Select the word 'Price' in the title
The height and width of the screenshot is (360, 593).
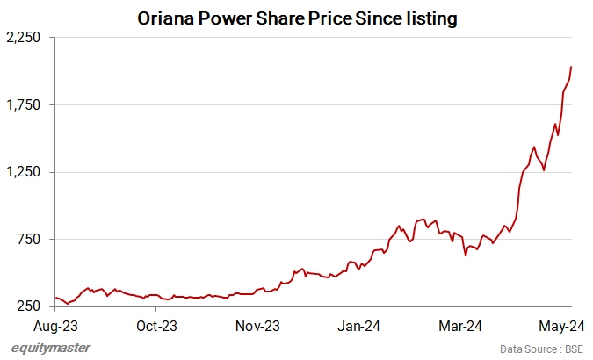click(322, 18)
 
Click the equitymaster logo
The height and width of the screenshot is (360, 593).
click(51, 348)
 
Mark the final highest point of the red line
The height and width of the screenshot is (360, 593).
click(571, 67)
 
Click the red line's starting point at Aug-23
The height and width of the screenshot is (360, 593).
click(55, 298)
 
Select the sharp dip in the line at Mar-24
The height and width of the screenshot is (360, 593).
click(465, 256)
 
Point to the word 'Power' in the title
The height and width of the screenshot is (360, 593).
click(233, 18)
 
